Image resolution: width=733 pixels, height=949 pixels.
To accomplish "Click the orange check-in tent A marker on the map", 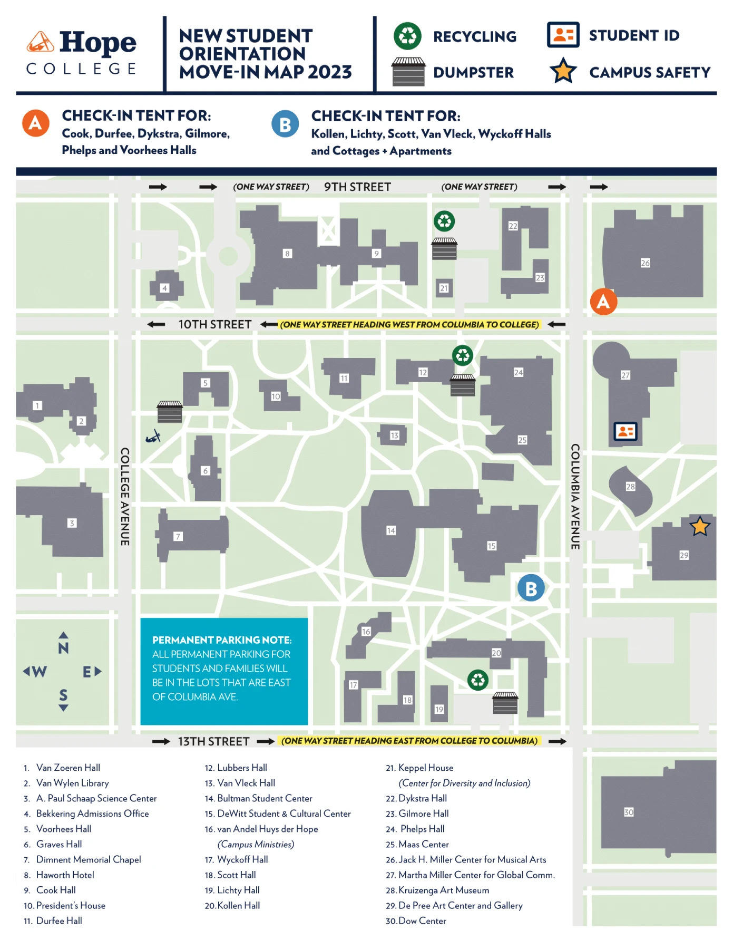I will pyautogui.click(x=603, y=302).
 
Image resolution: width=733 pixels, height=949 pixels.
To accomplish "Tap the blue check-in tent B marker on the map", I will pyautogui.click(x=531, y=588).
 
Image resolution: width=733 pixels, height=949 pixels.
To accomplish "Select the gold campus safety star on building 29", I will pyautogui.click(x=700, y=526).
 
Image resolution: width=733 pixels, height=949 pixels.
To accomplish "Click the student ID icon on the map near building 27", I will pyautogui.click(x=626, y=431).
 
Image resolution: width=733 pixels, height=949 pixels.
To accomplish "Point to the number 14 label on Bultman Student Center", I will pyautogui.click(x=391, y=530).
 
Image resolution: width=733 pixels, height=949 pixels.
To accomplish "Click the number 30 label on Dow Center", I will pyautogui.click(x=629, y=812).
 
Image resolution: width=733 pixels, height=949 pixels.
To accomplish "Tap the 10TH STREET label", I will pyautogui.click(x=214, y=324).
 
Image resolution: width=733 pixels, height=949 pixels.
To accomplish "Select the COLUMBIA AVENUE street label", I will pyautogui.click(x=575, y=497).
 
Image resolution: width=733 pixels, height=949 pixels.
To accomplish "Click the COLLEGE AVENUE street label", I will pyautogui.click(x=125, y=497).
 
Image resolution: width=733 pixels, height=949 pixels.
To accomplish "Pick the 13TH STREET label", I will pyautogui.click(x=213, y=741).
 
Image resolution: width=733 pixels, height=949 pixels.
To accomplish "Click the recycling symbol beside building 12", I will pyautogui.click(x=463, y=355).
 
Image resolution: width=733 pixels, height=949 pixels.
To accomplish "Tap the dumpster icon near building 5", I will pyautogui.click(x=170, y=412).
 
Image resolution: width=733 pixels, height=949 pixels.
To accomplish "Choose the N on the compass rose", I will pyautogui.click(x=63, y=648).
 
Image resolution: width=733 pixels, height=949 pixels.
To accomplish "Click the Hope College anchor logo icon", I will pyautogui.click(x=41, y=42).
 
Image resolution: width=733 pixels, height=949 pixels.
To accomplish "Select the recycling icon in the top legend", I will pyautogui.click(x=407, y=36).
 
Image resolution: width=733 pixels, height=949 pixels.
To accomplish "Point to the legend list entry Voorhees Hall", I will pyautogui.click(x=64, y=829).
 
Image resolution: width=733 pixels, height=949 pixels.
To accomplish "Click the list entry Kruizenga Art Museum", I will pyautogui.click(x=444, y=890).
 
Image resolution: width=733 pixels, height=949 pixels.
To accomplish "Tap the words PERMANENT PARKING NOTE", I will pyautogui.click(x=221, y=640).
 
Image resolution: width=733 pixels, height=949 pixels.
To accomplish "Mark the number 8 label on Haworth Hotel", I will pyautogui.click(x=287, y=254).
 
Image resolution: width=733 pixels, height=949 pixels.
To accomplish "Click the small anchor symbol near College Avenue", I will pyautogui.click(x=153, y=437).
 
